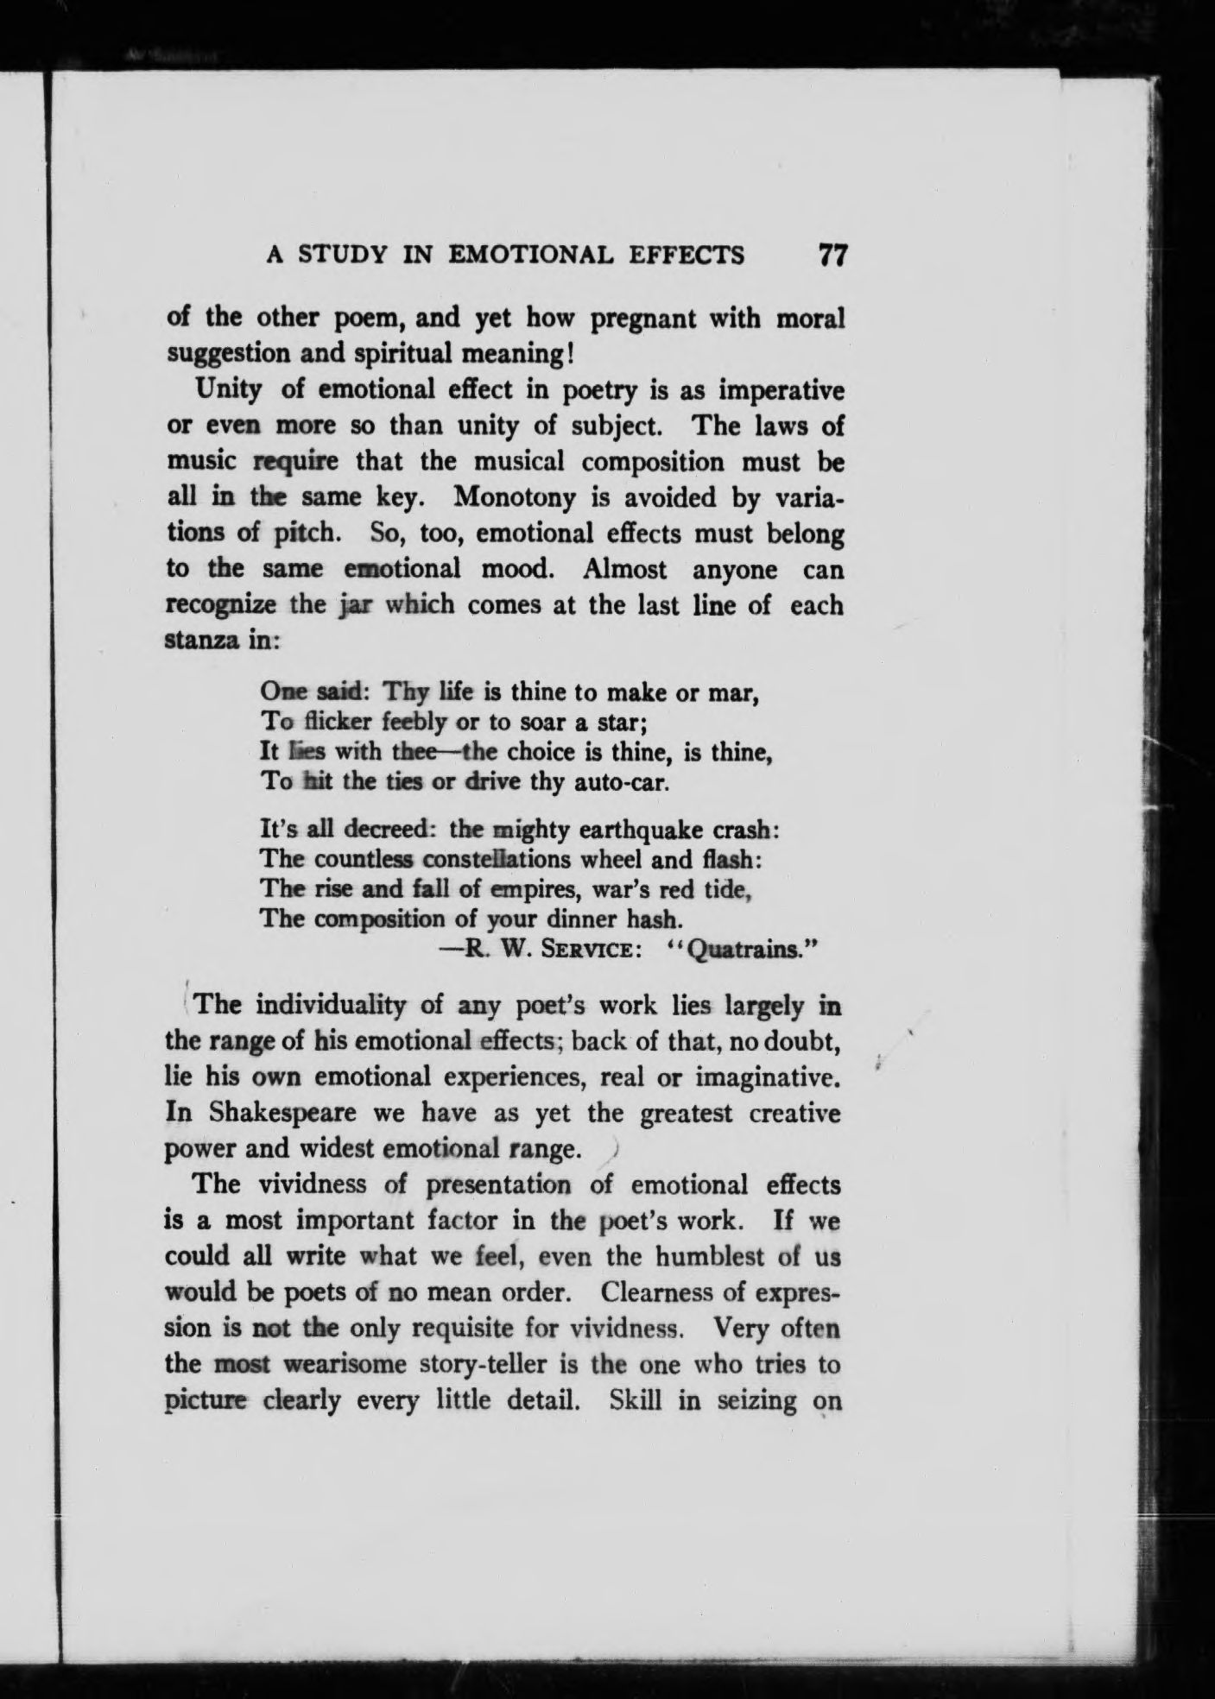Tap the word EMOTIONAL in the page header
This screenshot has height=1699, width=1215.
click(533, 256)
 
